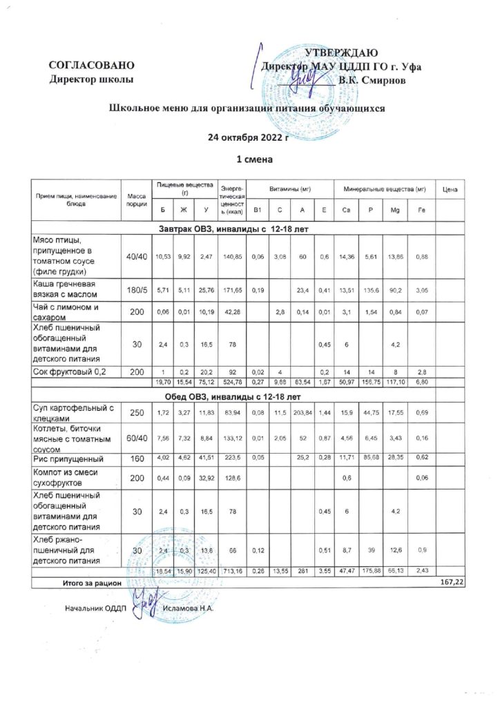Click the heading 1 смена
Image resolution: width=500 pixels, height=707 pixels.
click(x=249, y=160)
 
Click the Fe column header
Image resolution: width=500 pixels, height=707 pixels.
click(x=421, y=210)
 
